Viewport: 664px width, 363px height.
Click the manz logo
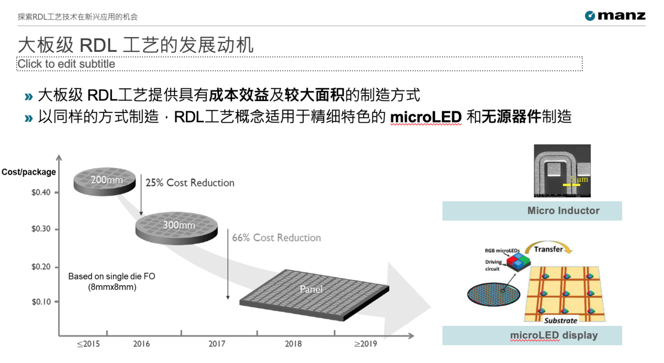tap(615, 16)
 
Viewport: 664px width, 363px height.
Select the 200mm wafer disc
tap(104, 183)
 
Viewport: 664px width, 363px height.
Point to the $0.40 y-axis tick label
tap(41, 192)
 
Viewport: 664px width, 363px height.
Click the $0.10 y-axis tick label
tap(41, 302)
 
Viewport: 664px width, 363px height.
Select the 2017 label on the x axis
tap(217, 344)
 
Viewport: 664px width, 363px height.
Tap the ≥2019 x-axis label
tap(365, 344)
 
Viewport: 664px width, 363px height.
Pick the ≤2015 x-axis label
tap(88, 344)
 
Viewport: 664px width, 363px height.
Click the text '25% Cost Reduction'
tap(190, 183)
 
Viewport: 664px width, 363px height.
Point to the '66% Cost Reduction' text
tap(276, 237)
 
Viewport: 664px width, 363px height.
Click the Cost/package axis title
tap(29, 172)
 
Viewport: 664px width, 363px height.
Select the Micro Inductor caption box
tap(532, 211)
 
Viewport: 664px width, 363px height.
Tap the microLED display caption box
tap(532, 335)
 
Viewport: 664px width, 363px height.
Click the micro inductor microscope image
tap(562, 171)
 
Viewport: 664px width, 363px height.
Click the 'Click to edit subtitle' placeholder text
tap(67, 64)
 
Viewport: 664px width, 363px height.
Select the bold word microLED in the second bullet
tap(426, 117)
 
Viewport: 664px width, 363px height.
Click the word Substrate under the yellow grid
tap(560, 320)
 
